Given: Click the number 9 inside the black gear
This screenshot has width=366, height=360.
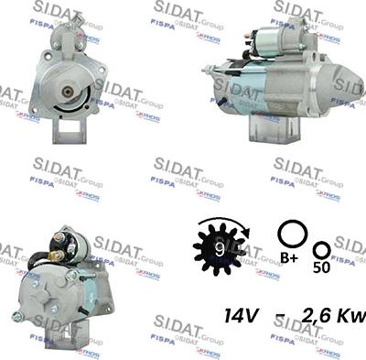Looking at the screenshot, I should pos(217,246).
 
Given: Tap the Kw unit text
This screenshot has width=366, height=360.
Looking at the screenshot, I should pos(351,316).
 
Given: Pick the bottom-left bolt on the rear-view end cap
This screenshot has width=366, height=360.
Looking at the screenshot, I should pos(17,316).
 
